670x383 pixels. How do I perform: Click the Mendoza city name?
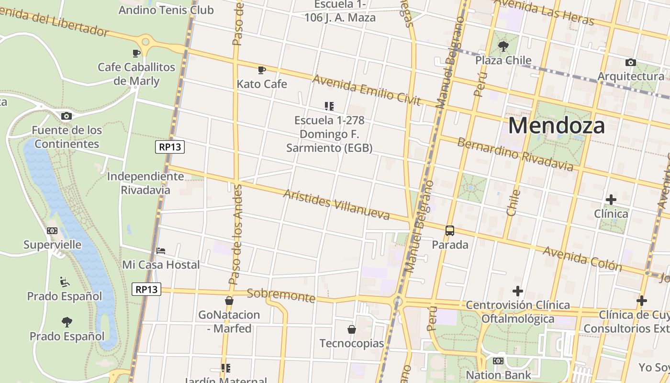(556, 125)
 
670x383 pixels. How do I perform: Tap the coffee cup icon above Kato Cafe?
(261, 70)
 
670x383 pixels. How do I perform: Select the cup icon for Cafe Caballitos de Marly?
(136, 53)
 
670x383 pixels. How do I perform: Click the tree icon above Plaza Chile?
(503, 46)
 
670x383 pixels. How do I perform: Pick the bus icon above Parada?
(450, 231)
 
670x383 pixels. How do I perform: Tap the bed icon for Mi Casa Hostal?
(161, 250)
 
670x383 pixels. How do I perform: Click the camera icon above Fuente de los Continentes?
(67, 116)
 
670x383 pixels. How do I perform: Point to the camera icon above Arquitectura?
(631, 62)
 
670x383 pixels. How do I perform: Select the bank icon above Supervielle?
(52, 231)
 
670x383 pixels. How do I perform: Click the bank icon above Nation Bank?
(498, 361)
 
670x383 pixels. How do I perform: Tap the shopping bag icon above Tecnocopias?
(352, 329)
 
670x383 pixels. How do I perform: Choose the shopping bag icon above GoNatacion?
(229, 301)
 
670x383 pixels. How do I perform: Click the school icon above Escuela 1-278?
(329, 106)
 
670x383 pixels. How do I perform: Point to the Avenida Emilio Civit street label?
(366, 90)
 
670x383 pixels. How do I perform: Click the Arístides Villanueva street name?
(336, 204)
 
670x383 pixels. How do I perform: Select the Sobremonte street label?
(281, 295)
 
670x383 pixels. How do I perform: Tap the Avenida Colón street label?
(582, 259)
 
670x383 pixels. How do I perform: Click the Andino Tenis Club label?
(166, 10)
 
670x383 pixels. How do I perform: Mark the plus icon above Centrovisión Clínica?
(517, 291)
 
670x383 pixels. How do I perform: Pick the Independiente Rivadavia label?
(145, 183)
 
